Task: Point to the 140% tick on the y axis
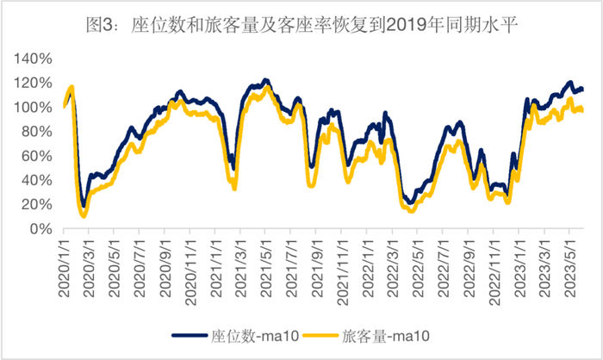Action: [x=34, y=59]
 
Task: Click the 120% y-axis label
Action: [x=34, y=84]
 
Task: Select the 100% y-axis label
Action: [x=34, y=108]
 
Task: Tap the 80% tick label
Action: [x=37, y=132]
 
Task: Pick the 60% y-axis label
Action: [x=37, y=157]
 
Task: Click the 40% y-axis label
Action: [x=37, y=181]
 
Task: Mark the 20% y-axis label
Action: [x=37, y=205]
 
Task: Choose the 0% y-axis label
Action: [x=40, y=230]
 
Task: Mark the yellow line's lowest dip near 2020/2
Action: [x=84, y=215]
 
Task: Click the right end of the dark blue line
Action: [x=582, y=89]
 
